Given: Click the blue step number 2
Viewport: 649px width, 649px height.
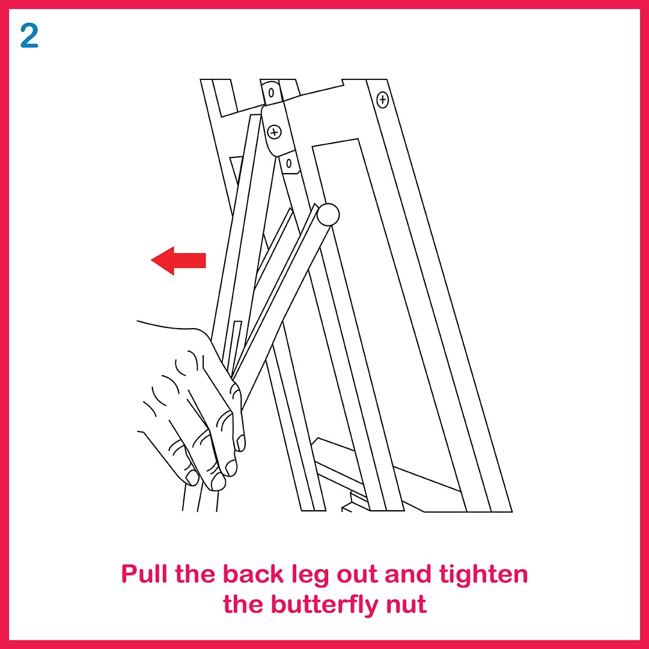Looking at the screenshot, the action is [29, 35].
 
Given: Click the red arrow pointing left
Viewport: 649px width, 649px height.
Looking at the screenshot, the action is [178, 261].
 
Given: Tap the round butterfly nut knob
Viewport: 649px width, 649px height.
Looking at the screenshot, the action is [328, 215].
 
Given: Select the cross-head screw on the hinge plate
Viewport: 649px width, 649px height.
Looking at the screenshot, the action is [274, 132].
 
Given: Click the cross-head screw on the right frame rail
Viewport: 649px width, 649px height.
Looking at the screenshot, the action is [382, 100].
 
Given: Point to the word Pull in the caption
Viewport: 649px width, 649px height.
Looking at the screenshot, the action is [145, 574].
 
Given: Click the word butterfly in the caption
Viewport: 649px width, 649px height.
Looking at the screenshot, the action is [324, 605].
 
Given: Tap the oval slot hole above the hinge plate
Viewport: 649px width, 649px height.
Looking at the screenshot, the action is [271, 93].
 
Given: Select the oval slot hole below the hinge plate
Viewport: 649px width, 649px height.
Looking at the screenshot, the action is [289, 163].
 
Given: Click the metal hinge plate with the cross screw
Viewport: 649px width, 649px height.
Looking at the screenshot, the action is [275, 130].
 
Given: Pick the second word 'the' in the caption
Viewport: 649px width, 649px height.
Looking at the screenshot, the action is [243, 605].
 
